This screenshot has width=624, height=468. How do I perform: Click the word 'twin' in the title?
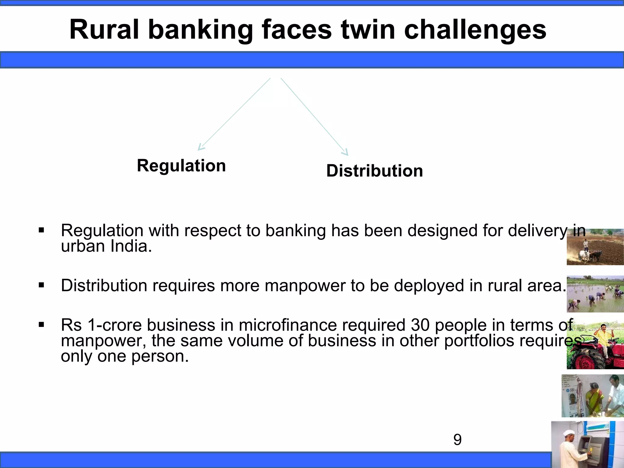coord(368,30)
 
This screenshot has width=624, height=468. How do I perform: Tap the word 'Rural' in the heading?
coord(104,30)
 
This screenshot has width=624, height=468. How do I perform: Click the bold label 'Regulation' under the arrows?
coord(181,166)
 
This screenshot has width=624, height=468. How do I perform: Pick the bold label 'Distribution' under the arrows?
coord(374,171)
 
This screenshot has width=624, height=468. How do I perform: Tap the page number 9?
coord(457,440)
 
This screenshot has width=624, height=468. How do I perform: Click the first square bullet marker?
coord(41,230)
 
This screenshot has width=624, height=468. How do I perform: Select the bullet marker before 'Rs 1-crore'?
coord(41,325)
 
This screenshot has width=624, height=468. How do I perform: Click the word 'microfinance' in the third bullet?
coord(288,325)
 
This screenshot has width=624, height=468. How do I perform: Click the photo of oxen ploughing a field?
coord(595,247)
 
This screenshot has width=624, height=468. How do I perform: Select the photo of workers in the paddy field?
coord(595,294)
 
